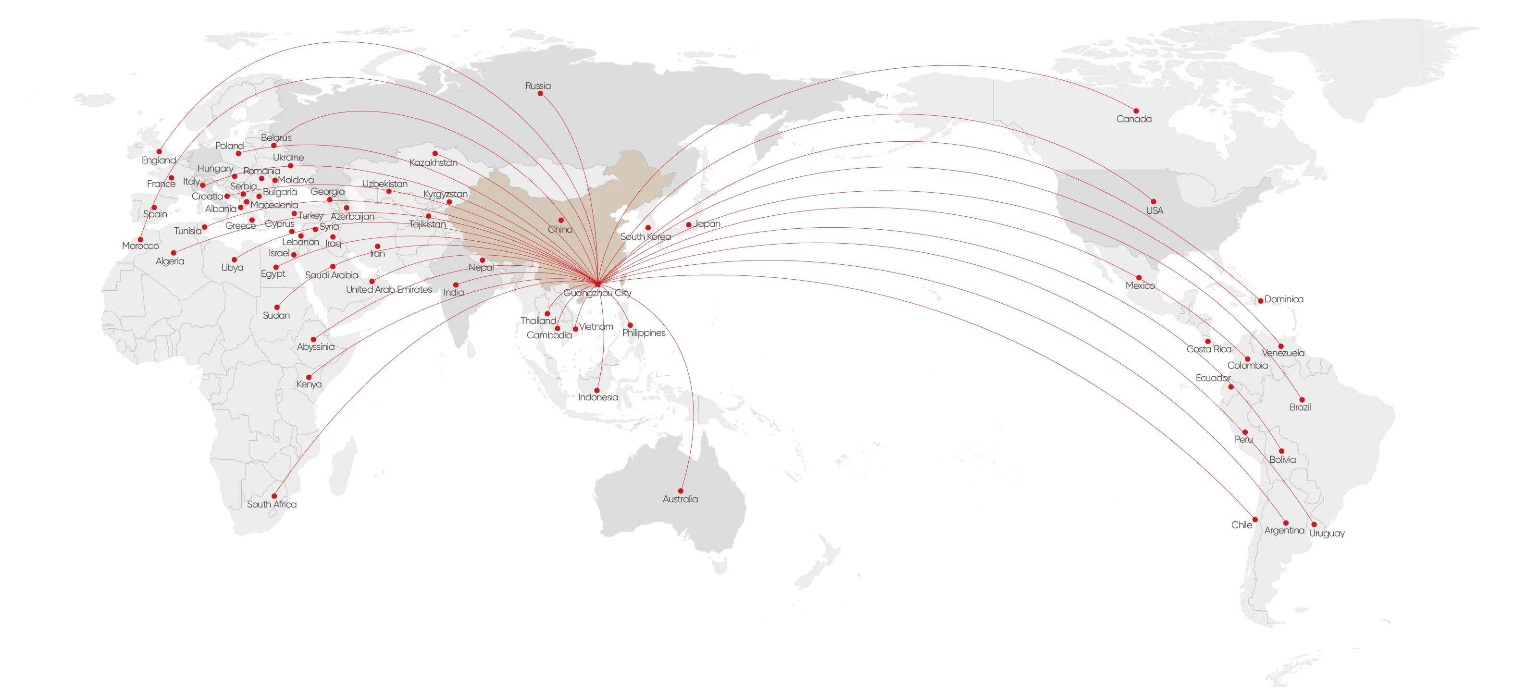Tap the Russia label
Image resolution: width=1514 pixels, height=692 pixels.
click(x=538, y=85)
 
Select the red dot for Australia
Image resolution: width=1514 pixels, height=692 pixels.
click(x=681, y=491)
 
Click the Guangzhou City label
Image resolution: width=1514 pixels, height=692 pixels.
click(x=597, y=293)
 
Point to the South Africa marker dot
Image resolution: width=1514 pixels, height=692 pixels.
click(x=274, y=496)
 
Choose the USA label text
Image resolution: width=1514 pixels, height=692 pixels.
click(x=1154, y=210)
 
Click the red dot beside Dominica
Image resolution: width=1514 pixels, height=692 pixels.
click(x=1260, y=300)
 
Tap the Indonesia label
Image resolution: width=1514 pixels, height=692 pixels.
click(x=598, y=397)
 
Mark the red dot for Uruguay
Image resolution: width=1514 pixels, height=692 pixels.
click(x=1314, y=524)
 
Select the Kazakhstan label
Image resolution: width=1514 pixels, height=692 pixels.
click(x=433, y=162)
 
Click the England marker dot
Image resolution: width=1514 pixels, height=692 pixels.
click(x=159, y=151)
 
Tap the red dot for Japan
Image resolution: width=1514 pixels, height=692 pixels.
click(x=688, y=224)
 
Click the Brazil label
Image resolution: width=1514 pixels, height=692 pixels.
click(x=1300, y=407)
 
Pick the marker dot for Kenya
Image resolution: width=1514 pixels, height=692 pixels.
click(x=309, y=377)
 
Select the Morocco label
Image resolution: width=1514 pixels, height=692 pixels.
click(x=140, y=246)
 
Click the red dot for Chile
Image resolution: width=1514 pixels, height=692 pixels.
click(x=1255, y=519)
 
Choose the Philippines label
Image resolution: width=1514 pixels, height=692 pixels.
click(x=644, y=333)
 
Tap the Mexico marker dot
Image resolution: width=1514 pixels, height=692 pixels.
click(x=1139, y=277)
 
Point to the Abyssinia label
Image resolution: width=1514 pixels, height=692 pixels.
click(x=316, y=346)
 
